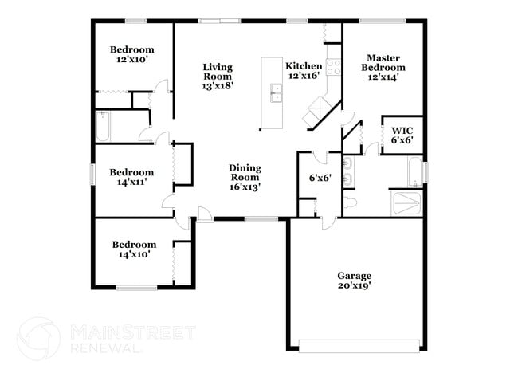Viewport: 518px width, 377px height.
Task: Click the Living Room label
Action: click(217, 77)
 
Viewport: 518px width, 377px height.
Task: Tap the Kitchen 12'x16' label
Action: click(304, 71)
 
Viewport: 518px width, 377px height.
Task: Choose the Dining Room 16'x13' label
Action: click(245, 177)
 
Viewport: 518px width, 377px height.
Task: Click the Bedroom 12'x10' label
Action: click(131, 53)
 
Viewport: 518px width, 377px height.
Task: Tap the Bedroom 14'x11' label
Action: click(131, 176)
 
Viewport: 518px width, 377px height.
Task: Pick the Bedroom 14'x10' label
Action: click(133, 249)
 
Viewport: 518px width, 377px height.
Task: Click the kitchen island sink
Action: click(277, 93)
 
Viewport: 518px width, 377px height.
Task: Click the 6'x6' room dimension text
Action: click(320, 178)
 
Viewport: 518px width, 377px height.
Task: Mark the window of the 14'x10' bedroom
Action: click(137, 287)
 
